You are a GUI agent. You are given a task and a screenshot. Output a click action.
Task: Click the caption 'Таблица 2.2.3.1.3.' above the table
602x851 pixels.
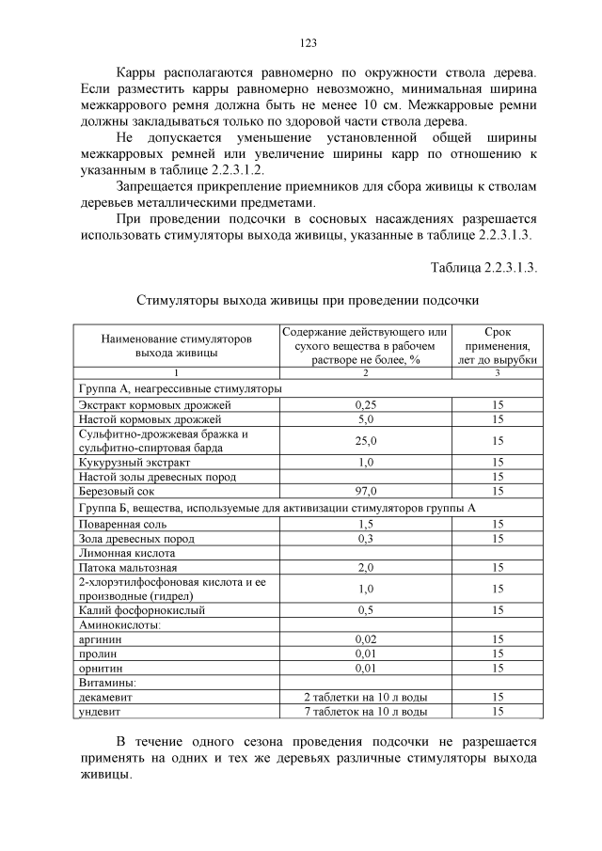click(483, 267)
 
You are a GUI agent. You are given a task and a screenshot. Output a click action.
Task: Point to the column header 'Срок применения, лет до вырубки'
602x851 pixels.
click(498, 345)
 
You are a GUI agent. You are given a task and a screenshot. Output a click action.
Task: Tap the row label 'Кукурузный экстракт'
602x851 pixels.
click(135, 463)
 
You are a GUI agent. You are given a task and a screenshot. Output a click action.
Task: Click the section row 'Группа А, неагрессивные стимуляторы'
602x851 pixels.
click(180, 388)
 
